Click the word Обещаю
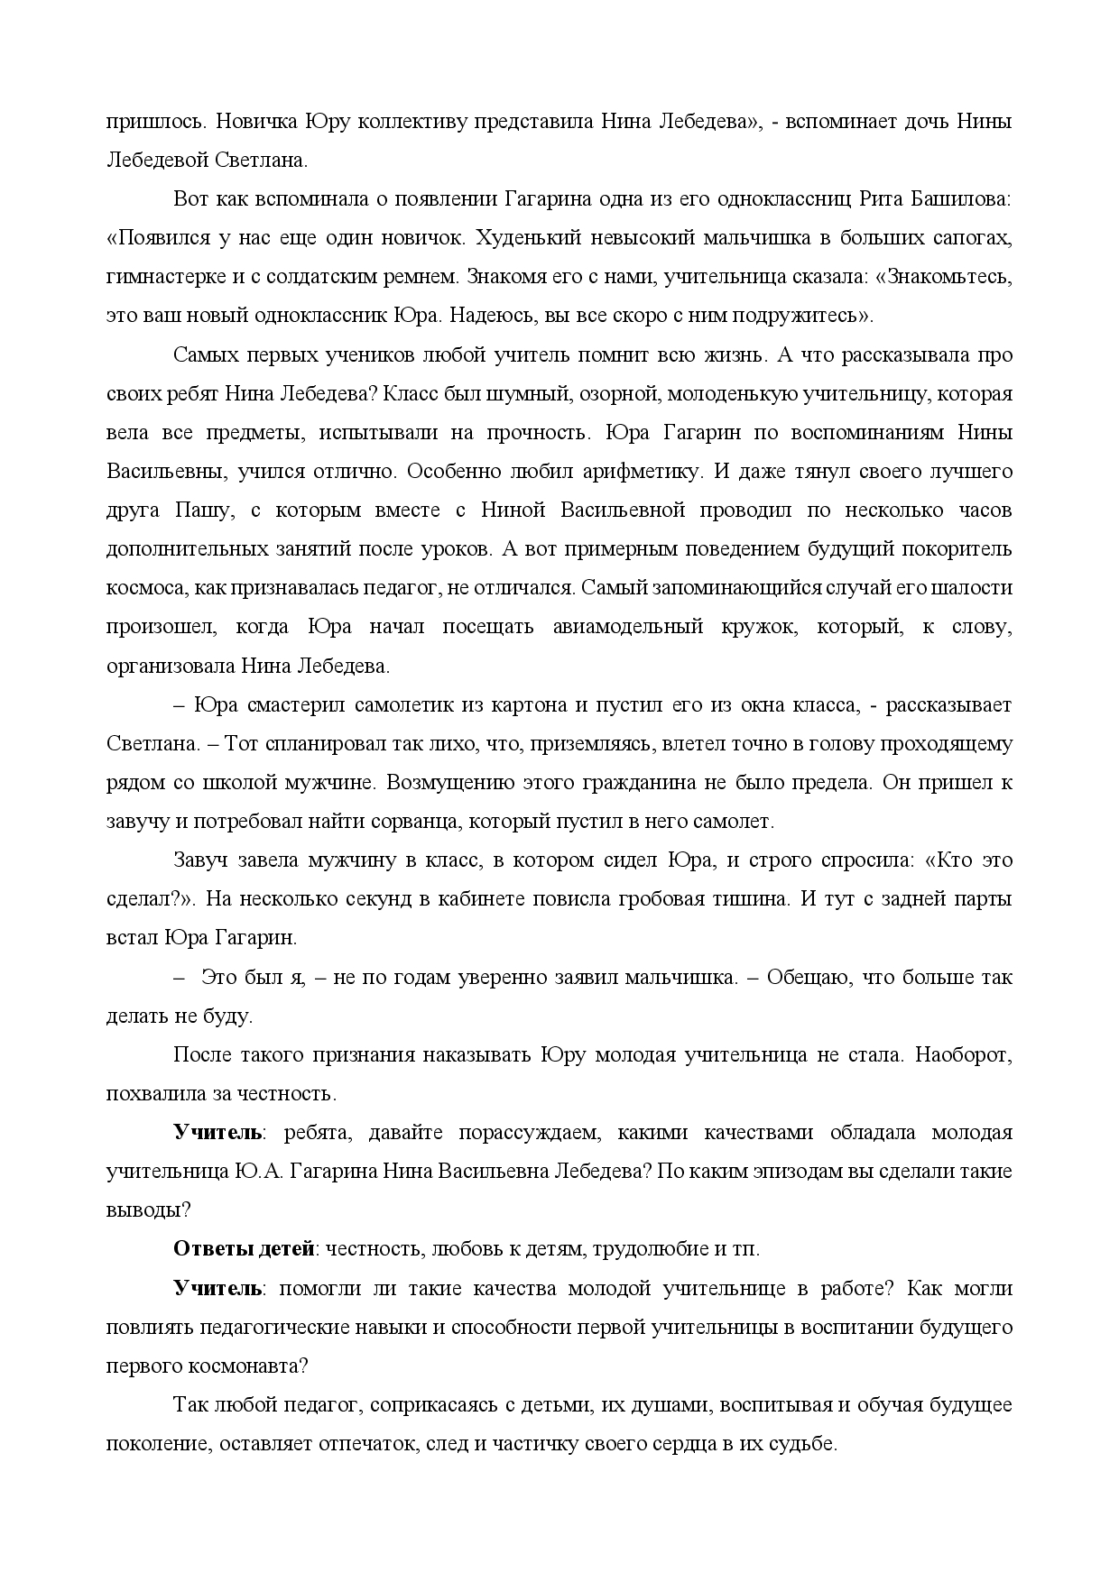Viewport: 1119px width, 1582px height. click(807, 978)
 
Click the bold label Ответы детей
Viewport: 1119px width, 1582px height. click(244, 1249)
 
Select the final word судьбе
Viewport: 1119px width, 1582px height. click(803, 1444)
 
